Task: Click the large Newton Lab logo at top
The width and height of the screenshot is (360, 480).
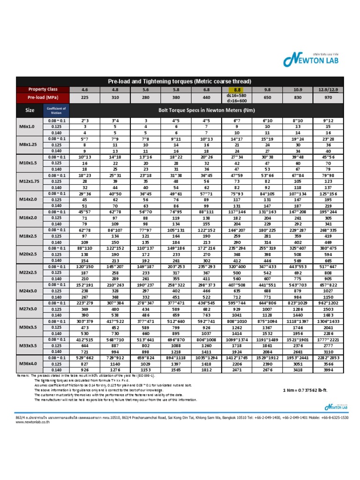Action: tap(311, 60)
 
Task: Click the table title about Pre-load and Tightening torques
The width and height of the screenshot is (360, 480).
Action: tap(180, 81)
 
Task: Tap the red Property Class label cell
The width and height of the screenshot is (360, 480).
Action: tap(43, 90)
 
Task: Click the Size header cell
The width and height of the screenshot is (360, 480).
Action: tap(30, 111)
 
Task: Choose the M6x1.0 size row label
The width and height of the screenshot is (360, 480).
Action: tap(30, 127)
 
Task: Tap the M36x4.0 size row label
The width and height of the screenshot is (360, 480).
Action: tap(30, 364)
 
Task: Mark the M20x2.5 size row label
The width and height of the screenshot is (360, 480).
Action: tap(30, 254)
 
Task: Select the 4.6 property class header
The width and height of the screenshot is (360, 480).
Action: tap(85, 90)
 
